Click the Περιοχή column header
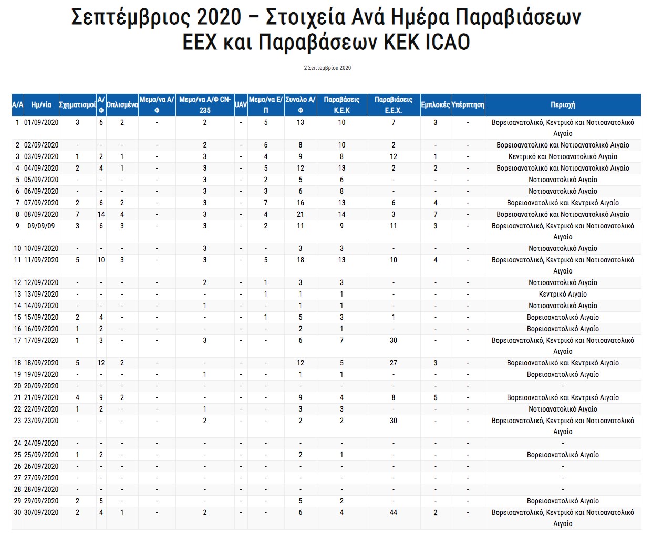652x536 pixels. (563, 105)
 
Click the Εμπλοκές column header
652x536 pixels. (435, 105)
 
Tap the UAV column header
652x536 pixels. (241, 105)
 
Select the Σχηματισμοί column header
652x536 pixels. (77, 105)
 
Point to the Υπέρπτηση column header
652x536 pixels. (468, 105)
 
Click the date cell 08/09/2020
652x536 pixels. (42, 214)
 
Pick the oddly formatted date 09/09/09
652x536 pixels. (42, 226)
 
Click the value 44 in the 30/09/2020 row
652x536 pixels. (394, 512)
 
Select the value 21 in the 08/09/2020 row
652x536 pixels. (301, 214)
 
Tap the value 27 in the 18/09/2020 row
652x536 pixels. (394, 363)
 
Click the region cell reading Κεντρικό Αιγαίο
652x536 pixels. (563, 294)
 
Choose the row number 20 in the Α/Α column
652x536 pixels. (17, 386)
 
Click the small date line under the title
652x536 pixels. (327, 68)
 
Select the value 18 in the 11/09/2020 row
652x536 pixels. (301, 260)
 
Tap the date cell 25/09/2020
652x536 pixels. (42, 455)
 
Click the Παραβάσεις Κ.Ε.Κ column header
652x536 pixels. (341, 105)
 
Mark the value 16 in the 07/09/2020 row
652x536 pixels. (301, 203)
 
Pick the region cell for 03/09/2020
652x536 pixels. (563, 156)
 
